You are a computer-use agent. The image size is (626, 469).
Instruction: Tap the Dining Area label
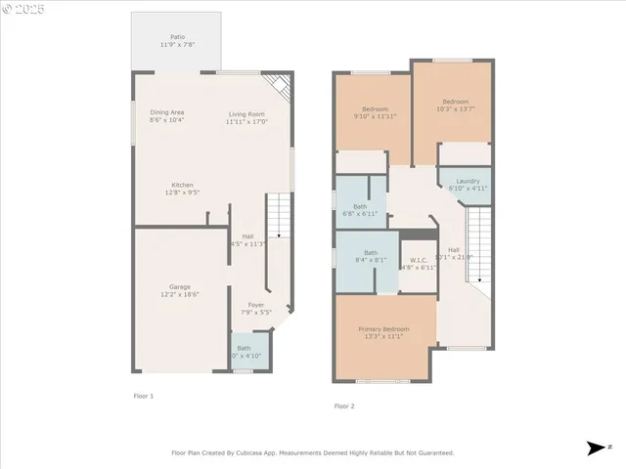[x=166, y=112]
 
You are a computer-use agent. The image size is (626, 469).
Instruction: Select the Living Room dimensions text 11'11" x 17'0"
[x=246, y=122]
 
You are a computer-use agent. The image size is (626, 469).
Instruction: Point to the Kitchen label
[x=182, y=185]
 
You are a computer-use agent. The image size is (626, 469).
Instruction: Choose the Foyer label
[x=255, y=305]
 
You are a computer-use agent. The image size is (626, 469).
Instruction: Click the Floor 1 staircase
[x=280, y=216]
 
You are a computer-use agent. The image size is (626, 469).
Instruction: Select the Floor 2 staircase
[x=478, y=249]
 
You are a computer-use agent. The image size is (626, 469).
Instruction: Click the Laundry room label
[x=468, y=181]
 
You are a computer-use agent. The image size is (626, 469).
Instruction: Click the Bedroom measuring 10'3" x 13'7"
[x=455, y=102]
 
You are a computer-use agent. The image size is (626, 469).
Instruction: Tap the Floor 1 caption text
[x=144, y=396]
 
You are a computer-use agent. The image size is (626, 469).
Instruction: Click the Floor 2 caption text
[x=344, y=405]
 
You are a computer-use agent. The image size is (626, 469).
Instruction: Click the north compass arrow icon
[x=595, y=448]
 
